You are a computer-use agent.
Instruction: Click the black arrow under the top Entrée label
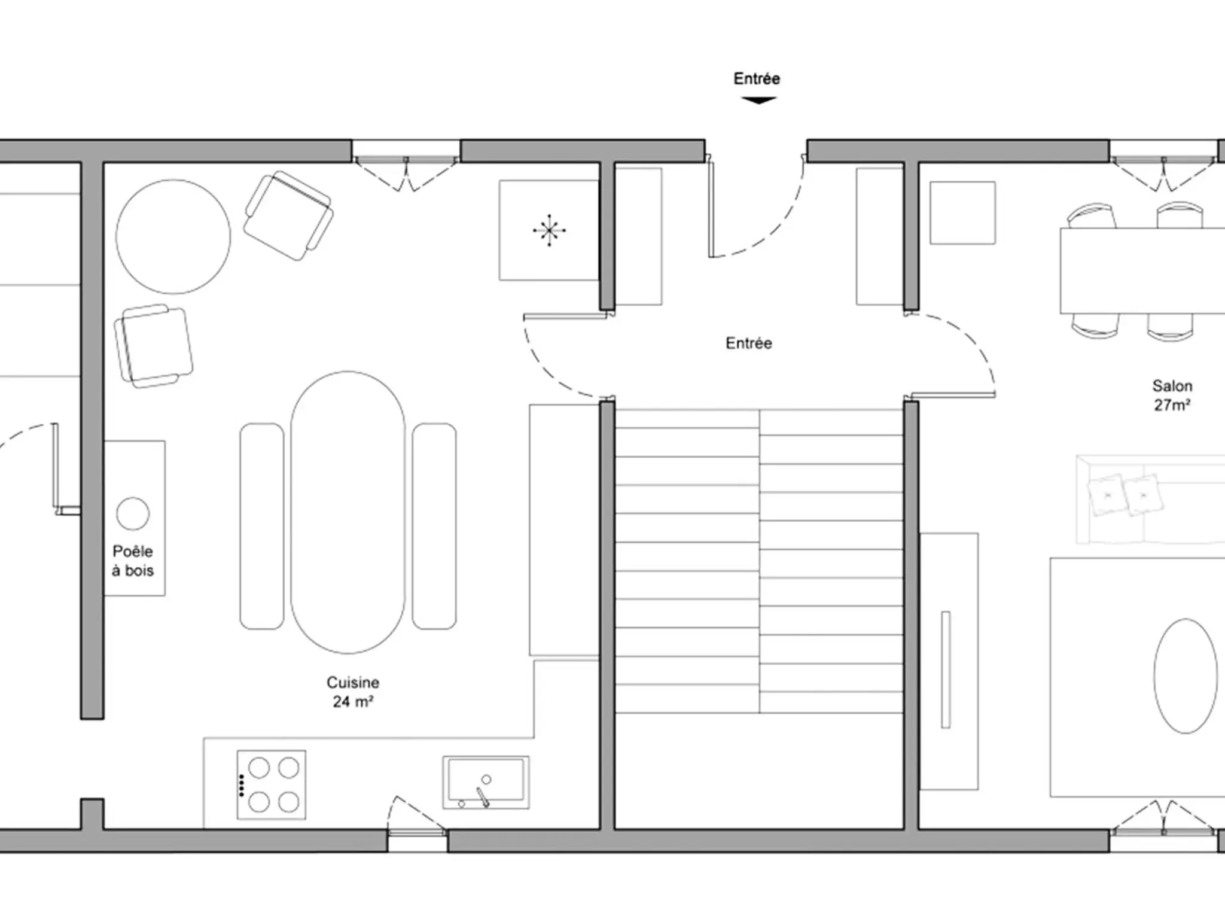[x=758, y=101]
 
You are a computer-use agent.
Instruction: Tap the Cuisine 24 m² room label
[x=353, y=692]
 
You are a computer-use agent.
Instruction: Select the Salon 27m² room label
[x=1172, y=395]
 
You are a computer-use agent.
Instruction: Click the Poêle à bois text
[x=133, y=561]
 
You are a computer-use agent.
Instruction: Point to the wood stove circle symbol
[x=133, y=513]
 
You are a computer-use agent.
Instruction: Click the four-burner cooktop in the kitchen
[x=272, y=784]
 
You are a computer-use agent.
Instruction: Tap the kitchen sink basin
[x=486, y=783]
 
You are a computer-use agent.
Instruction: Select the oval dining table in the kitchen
[x=348, y=512]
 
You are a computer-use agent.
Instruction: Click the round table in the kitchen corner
[x=173, y=236]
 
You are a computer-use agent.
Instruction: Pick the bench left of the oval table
[x=262, y=527]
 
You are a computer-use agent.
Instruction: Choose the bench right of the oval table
[x=434, y=527]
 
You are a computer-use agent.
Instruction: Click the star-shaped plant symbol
[x=549, y=230]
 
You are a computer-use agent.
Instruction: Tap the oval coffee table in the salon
[x=1185, y=676]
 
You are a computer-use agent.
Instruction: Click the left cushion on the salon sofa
[x=1107, y=495]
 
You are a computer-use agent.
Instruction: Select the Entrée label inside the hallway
[x=749, y=343]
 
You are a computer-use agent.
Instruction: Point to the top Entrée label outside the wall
[x=757, y=78]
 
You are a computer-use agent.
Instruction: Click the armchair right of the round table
[x=288, y=215]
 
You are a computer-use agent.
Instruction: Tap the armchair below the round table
[x=154, y=346]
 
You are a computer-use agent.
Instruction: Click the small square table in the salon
[x=962, y=213]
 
